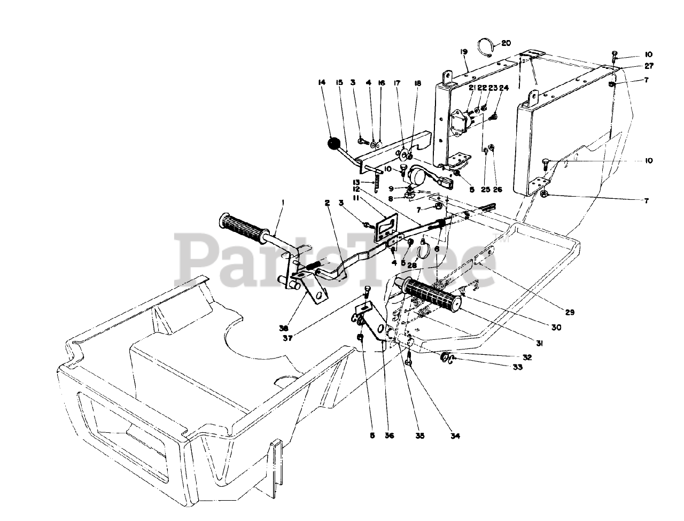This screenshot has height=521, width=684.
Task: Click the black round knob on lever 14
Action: click(334, 144)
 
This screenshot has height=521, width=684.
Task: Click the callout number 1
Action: click(283, 203)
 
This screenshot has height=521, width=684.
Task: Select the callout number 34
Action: click(455, 436)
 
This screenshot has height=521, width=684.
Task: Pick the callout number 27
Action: click(649, 67)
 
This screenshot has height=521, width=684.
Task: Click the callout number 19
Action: click(463, 52)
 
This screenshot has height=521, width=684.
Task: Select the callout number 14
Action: click(321, 82)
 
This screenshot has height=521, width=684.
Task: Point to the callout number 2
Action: click(327, 203)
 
